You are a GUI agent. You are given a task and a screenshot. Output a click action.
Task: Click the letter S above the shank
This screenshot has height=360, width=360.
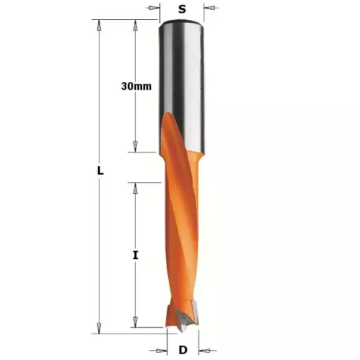click(182, 9)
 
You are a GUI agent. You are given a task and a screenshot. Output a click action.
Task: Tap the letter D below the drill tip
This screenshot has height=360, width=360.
click(183, 350)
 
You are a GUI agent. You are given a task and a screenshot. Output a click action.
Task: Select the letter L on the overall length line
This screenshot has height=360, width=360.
click(101, 170)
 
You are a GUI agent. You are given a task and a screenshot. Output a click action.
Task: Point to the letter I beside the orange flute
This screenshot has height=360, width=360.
click(136, 255)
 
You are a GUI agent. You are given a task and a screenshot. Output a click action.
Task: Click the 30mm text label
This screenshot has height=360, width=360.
click(136, 86)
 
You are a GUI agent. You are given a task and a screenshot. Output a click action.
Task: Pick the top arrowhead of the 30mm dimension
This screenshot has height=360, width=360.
click(136, 25)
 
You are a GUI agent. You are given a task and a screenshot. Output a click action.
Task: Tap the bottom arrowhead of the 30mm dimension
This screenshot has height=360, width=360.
click(136, 147)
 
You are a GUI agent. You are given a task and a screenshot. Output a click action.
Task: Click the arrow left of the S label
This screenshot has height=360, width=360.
click(155, 8)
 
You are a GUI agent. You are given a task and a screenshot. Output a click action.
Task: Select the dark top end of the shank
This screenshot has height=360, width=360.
click(182, 25)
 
